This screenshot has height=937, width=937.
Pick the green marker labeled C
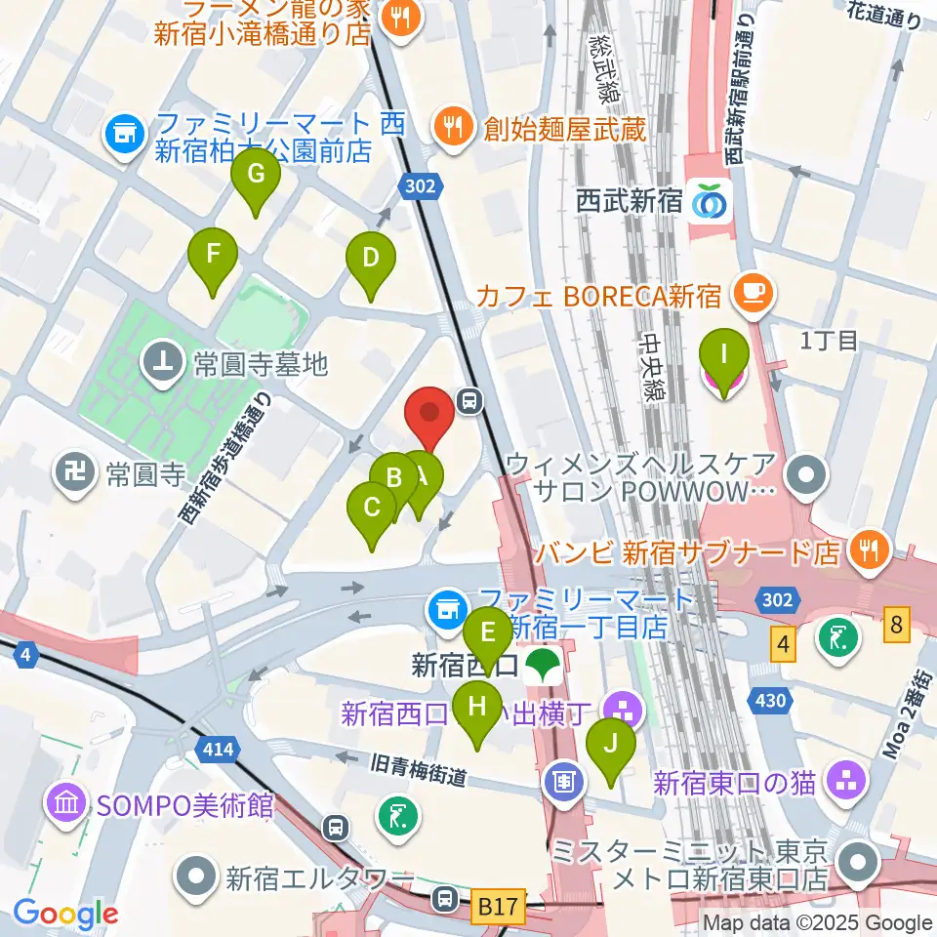click(372, 509)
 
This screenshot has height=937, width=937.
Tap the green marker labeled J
click(611, 745)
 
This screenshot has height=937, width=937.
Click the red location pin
click(429, 414)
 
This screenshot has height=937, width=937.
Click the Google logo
click(65, 915)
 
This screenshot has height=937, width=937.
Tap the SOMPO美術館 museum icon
click(66, 806)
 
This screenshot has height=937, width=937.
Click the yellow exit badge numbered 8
click(897, 623)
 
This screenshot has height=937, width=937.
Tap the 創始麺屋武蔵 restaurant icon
click(453, 127)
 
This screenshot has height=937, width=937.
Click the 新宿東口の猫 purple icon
click(843, 781)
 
